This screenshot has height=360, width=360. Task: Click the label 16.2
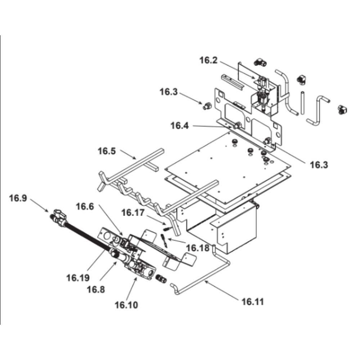209,60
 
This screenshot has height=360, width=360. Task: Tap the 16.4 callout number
180,126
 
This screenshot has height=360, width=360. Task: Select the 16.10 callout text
126,305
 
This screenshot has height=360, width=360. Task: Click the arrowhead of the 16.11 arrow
205,282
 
